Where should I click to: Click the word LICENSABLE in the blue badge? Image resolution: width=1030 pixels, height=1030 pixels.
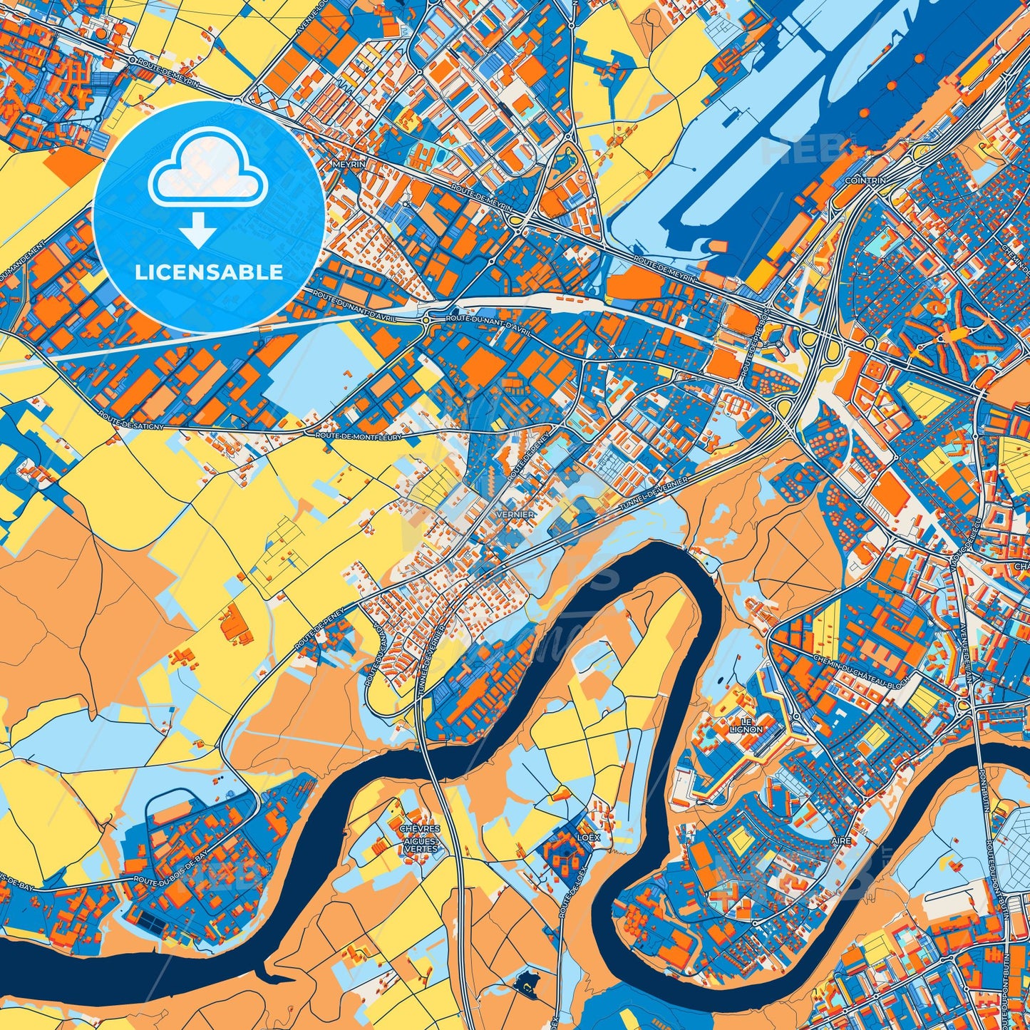click(x=210, y=272)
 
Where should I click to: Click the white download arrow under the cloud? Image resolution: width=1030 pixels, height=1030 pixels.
click(x=198, y=232)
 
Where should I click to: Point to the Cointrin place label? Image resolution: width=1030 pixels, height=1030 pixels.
click(x=865, y=181)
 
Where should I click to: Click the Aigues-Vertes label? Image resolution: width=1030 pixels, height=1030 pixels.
click(x=421, y=845)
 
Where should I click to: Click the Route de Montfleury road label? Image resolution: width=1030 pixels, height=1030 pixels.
click(x=359, y=435)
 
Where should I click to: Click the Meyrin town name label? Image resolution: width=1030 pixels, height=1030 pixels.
click(x=349, y=164)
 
